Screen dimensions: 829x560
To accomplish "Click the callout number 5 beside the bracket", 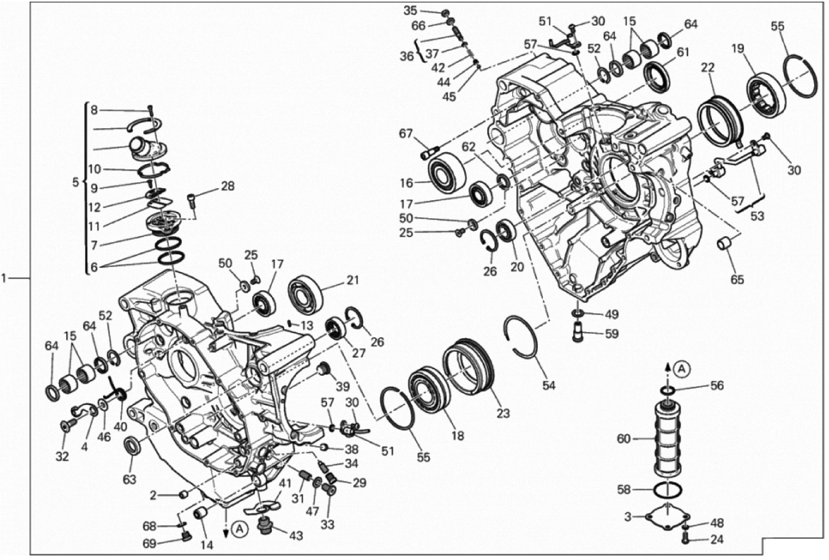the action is click(x=75, y=182).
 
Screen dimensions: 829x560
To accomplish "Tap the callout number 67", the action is click(x=406, y=133).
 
